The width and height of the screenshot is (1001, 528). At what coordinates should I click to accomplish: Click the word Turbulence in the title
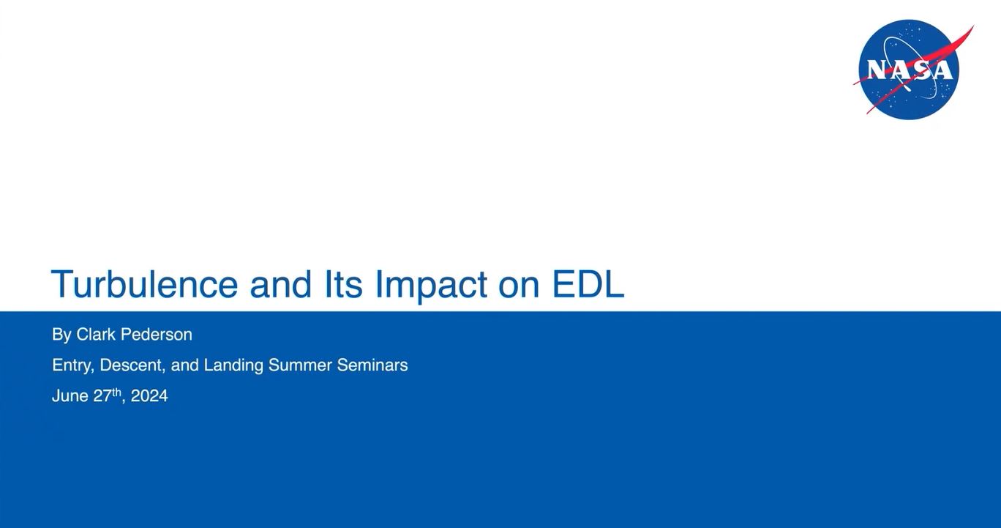click(145, 284)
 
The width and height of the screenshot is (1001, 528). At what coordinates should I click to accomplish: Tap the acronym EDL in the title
click(588, 284)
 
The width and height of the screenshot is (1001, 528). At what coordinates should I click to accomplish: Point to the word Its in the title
click(343, 284)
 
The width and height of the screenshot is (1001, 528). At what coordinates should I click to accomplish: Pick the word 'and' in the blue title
click(281, 284)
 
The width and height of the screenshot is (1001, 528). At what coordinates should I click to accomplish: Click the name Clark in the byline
click(96, 335)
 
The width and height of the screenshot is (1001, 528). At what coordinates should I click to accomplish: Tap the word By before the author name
click(61, 335)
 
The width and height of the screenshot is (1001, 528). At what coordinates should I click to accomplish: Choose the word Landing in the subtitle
click(233, 366)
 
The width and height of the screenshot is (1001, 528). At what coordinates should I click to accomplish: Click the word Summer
click(300, 365)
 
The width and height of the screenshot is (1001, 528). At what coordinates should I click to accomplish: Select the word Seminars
click(372, 365)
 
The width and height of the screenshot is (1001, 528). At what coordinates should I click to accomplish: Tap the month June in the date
click(70, 396)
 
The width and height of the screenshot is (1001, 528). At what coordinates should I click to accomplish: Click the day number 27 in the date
click(102, 396)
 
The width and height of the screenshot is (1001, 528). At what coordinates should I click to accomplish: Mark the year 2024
click(149, 396)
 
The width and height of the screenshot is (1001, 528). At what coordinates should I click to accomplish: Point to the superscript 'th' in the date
click(116, 392)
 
